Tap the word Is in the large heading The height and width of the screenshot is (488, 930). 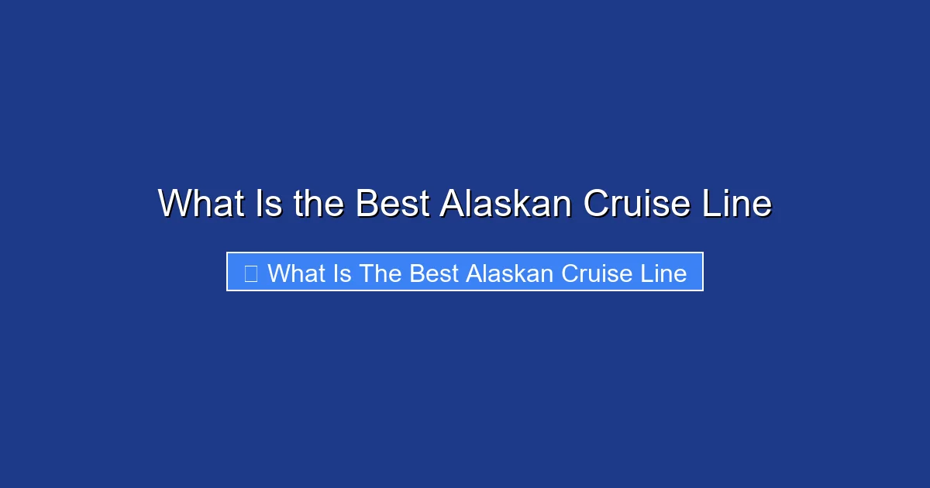coord(265,204)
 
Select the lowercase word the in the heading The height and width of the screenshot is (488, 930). coord(319,204)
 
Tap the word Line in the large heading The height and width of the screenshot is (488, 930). coord(739,204)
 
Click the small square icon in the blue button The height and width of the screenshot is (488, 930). coord(250,273)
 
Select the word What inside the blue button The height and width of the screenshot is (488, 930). coord(296,273)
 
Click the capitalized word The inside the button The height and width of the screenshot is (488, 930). coord(380,273)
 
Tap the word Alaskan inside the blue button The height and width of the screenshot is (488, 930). coord(509,273)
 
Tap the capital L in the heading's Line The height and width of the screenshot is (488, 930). coord(715,204)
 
